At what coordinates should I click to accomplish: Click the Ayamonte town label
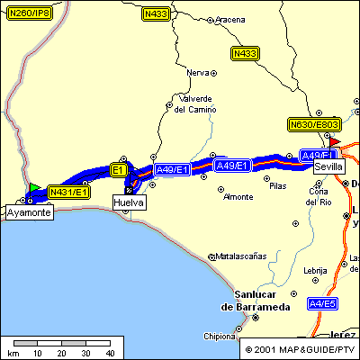(x=29, y=213)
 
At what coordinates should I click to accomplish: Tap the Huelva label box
(x=128, y=203)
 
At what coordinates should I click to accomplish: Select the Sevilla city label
(x=328, y=166)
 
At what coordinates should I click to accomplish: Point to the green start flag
(x=34, y=187)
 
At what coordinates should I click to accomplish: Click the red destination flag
(x=335, y=141)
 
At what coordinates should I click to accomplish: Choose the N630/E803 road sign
(x=314, y=124)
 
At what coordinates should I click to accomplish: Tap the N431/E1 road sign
(x=68, y=192)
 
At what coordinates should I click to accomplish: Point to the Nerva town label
(x=197, y=72)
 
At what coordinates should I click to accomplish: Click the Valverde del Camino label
(x=195, y=103)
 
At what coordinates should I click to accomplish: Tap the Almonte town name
(x=238, y=196)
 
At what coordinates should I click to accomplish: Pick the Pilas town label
(x=277, y=186)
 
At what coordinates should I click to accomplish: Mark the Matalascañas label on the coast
(x=243, y=256)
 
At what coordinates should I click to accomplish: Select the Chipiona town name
(x=219, y=337)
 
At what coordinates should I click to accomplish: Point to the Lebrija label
(x=315, y=270)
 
